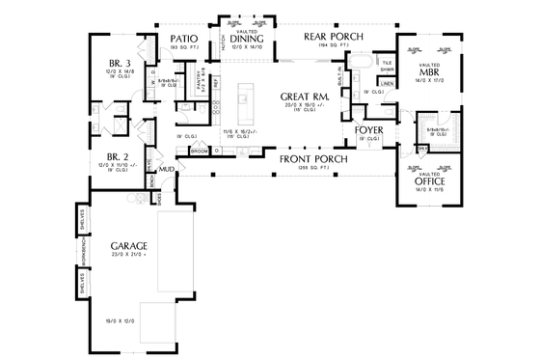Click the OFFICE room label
pyautogui.click(x=430, y=180)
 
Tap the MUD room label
pyautogui.click(x=167, y=169)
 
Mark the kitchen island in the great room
pyautogui.click(x=244, y=97)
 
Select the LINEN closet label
pyautogui.click(x=386, y=84)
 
